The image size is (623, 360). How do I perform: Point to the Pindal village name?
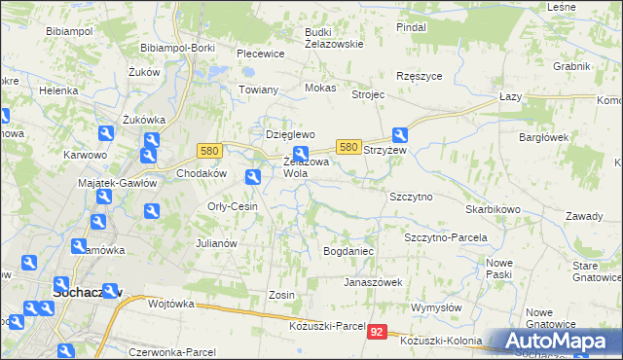[412, 27]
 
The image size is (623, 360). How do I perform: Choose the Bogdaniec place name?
[348, 251]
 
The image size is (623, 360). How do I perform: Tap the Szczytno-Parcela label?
[445, 237]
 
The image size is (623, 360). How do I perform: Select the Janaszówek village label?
[373, 282]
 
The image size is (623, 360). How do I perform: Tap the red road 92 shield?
[378, 332]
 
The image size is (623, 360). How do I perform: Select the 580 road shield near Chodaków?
[209, 151]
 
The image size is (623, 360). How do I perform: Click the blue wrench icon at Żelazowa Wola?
[301, 152]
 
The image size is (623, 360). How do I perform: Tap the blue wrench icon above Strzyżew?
[400, 135]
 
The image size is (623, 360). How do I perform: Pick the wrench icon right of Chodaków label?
[253, 176]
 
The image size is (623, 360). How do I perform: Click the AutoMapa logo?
[556, 341]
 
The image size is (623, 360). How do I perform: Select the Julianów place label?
[217, 243]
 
